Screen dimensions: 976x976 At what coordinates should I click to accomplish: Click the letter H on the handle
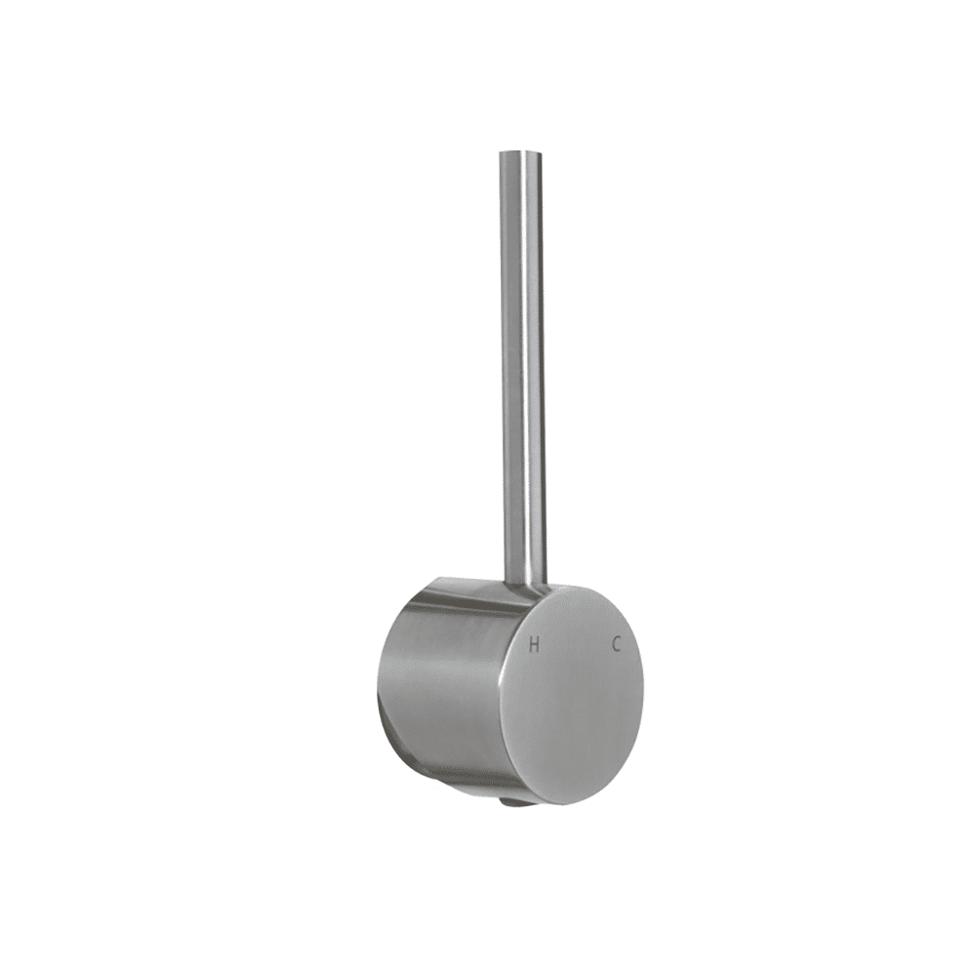(x=534, y=645)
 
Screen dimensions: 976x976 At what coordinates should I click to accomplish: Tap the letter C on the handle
(x=616, y=643)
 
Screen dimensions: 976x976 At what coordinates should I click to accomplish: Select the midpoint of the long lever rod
(x=523, y=367)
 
